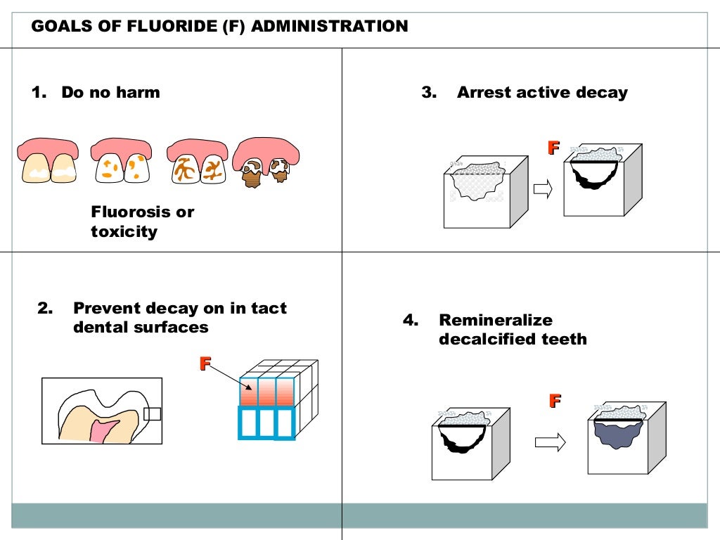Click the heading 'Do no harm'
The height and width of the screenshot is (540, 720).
[110, 92]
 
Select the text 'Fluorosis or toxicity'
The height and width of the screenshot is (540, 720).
[142, 221]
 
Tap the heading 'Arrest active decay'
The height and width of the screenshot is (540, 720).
[541, 92]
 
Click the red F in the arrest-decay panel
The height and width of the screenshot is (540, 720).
[553, 148]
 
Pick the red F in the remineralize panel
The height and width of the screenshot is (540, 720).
[555, 401]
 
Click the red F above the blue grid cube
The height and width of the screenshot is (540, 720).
[205, 364]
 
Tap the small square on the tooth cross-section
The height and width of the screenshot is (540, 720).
[152, 413]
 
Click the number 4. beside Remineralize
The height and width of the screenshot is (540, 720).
[411, 320]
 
